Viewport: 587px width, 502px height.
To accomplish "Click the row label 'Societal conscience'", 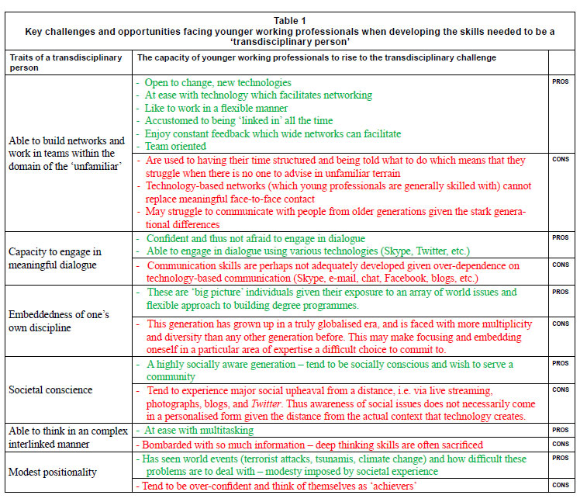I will click(x=50, y=390).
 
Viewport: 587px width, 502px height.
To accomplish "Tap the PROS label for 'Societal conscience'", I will click(x=561, y=363).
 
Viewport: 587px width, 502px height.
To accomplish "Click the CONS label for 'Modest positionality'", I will click(x=561, y=485).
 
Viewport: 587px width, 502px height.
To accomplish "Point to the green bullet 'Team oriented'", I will click(x=176, y=146).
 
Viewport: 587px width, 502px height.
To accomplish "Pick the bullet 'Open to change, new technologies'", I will click(x=219, y=82).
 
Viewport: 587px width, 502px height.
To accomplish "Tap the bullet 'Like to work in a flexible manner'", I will click(x=216, y=108).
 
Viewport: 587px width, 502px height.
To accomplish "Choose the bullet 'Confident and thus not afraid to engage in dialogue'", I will click(x=255, y=238).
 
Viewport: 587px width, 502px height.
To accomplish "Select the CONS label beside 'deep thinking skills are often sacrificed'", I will click(x=561, y=445).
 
